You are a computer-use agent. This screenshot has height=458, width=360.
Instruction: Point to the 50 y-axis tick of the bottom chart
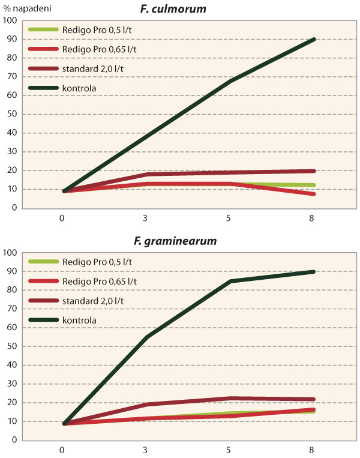[x=10, y=346]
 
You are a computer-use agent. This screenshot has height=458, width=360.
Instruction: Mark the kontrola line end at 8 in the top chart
[x=314, y=40]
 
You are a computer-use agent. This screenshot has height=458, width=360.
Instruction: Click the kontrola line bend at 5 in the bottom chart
[x=230, y=281]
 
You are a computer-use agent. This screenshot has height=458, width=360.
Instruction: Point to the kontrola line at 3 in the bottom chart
[x=146, y=337]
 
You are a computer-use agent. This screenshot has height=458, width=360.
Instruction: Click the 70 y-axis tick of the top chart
[x=10, y=77]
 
